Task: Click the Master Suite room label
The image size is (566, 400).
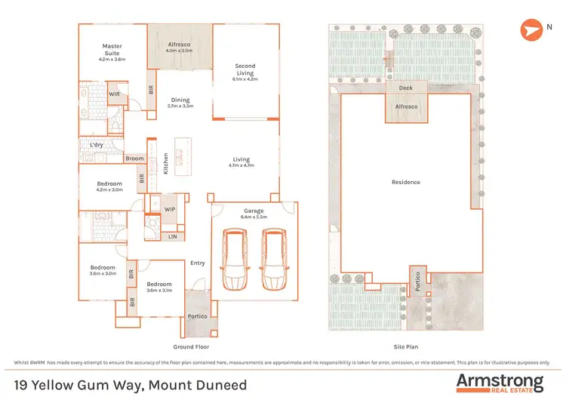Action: pos(112,49)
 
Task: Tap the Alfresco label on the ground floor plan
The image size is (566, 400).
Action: pos(179,45)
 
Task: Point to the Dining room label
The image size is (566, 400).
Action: pos(180,100)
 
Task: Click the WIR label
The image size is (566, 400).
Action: pos(114,94)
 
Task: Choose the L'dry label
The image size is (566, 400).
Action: pos(97,144)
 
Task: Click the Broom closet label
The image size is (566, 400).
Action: pos(135,158)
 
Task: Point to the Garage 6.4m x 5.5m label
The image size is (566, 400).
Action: pos(254,214)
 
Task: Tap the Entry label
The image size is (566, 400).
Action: pos(198,263)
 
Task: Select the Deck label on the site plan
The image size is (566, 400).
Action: pos(407,88)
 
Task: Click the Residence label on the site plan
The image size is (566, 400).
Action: pos(406,182)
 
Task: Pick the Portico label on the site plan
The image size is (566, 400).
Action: pos(419,282)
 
